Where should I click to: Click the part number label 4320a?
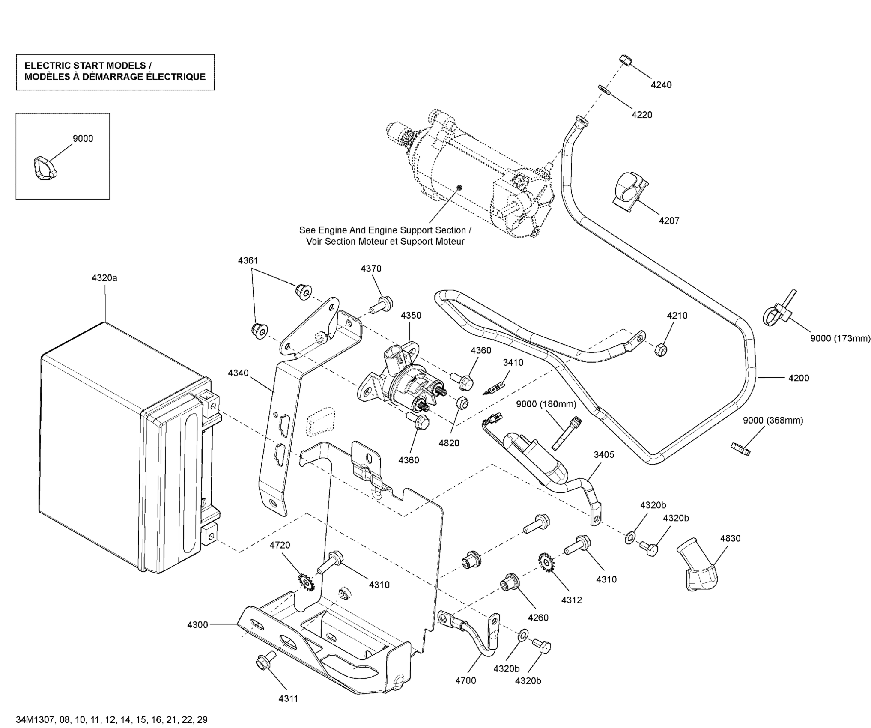coord(104,278)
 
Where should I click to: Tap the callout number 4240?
coord(661,85)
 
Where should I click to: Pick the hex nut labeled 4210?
coord(661,349)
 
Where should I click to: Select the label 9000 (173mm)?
coord(840,338)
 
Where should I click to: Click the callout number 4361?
coord(248,260)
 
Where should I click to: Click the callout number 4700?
coord(465,680)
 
